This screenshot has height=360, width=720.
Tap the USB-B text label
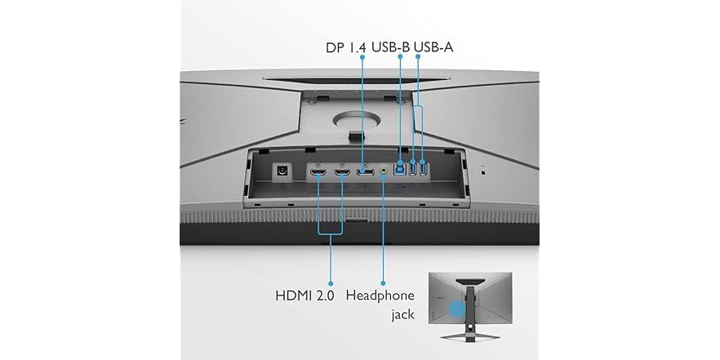click(x=391, y=47)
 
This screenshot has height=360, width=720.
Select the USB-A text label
click(x=433, y=47)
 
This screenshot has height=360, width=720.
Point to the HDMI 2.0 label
click(x=305, y=296)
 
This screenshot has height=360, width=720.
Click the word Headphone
click(x=380, y=295)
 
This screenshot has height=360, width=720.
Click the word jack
click(x=402, y=314)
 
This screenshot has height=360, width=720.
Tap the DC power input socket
click(x=282, y=171)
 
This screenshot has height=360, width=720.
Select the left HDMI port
click(x=318, y=173)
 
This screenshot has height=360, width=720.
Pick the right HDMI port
click(x=341, y=173)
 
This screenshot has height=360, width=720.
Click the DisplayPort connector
click(x=365, y=173)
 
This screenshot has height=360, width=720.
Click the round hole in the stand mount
click(x=356, y=120)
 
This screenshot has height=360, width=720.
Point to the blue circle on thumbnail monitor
click(x=456, y=309)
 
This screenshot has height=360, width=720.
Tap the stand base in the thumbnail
click(x=469, y=336)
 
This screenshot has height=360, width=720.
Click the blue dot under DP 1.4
click(x=362, y=57)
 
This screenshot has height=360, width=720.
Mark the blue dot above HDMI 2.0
click(x=330, y=284)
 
